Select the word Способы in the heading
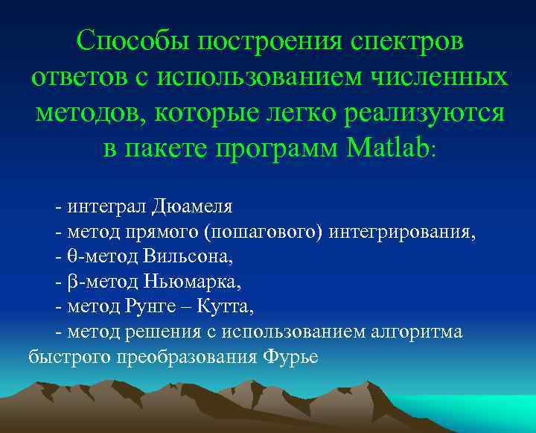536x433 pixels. (131, 41)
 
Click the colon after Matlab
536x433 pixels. (435, 151)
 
